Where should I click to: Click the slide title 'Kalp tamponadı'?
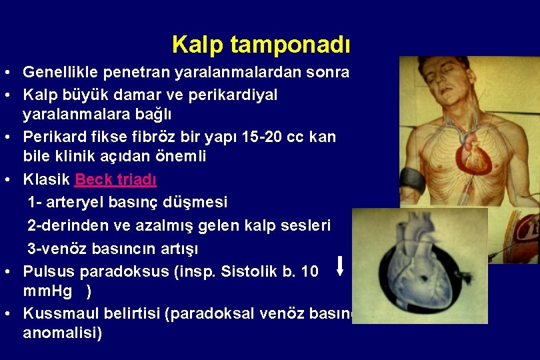click(261, 45)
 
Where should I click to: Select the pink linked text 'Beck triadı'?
click(115, 179)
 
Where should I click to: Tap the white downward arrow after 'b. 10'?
click(340, 265)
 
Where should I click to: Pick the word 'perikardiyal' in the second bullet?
click(238, 95)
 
